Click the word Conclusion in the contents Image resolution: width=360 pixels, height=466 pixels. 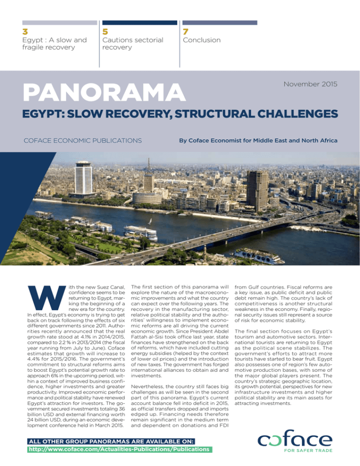click(x=202, y=40)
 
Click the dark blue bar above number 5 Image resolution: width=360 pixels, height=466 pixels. click(x=138, y=22)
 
